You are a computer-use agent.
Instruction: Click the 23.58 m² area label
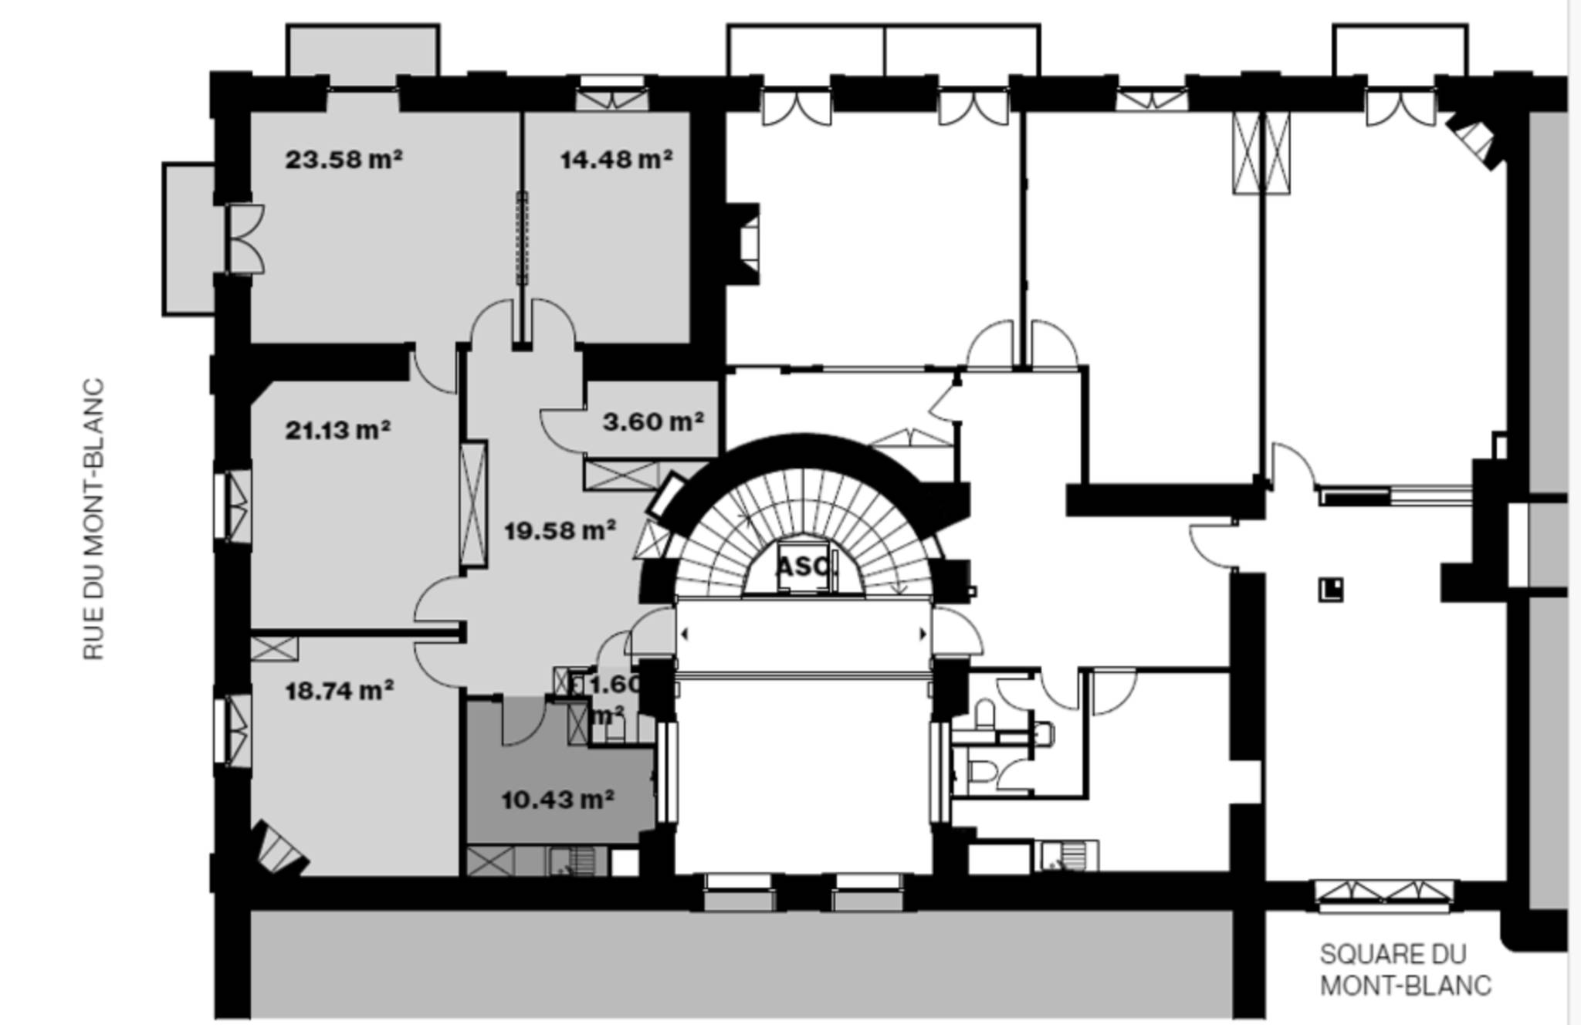344,160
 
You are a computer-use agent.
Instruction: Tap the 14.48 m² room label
616,160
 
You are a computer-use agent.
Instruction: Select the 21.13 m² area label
338,430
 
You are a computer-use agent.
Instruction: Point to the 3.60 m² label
653,421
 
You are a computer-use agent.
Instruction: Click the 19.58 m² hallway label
560,530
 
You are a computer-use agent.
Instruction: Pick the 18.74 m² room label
340,690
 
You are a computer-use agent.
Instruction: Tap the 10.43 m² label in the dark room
557,799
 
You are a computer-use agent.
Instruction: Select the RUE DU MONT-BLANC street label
93,519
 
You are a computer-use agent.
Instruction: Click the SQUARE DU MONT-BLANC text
1405,970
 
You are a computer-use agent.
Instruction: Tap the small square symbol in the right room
1330,590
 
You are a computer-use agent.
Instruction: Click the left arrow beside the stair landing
684,634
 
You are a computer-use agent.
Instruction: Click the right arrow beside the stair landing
923,634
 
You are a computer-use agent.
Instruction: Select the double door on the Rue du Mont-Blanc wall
245,239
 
